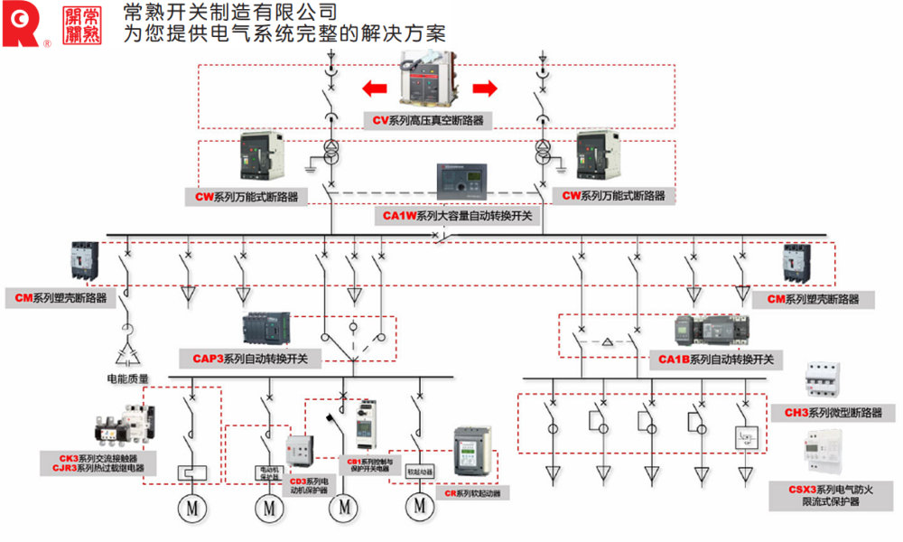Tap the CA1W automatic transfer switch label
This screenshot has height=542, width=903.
(x=459, y=217)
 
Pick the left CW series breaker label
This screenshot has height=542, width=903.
(x=247, y=195)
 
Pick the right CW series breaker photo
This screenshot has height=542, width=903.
(x=600, y=156)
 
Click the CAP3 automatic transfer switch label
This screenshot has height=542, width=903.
(x=250, y=359)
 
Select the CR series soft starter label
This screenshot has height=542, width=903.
(x=471, y=493)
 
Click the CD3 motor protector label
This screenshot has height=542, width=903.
(x=309, y=486)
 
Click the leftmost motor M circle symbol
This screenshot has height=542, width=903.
(x=191, y=509)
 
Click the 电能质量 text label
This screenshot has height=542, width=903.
(x=128, y=379)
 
